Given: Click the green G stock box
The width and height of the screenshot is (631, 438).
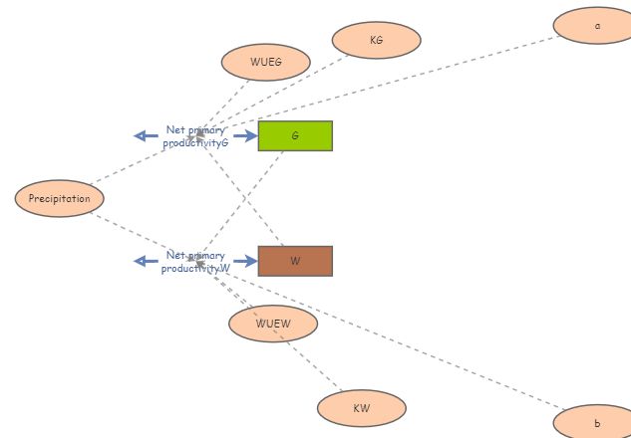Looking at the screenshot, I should [x=295, y=135].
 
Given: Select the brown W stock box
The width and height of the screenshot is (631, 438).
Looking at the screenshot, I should [x=295, y=261].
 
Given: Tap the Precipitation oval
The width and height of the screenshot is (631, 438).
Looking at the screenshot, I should [x=60, y=198].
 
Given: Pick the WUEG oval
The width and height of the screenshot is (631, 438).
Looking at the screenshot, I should [x=266, y=62].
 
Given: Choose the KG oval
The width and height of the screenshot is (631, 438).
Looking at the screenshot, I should [x=376, y=40].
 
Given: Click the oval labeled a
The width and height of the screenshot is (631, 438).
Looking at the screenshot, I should [x=597, y=26].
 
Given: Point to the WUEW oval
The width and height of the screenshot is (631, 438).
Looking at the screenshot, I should [x=272, y=324].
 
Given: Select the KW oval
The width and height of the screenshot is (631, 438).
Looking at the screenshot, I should [x=362, y=408].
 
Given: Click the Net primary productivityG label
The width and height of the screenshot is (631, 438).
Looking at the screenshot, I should [x=196, y=136].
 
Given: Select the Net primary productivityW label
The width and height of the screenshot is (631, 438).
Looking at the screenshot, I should [x=196, y=262].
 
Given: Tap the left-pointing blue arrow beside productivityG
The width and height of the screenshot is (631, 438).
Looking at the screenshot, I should [x=146, y=135].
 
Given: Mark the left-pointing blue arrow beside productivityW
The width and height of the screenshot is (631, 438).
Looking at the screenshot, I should [x=146, y=261].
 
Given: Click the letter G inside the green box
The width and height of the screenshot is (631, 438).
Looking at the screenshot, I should [x=295, y=135].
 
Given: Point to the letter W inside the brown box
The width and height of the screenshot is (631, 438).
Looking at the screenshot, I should [x=295, y=261].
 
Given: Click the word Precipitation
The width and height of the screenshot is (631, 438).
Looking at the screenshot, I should [x=60, y=198].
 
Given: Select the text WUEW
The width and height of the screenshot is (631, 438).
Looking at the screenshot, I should [x=272, y=324].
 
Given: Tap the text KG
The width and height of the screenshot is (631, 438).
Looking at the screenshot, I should [x=376, y=40].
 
